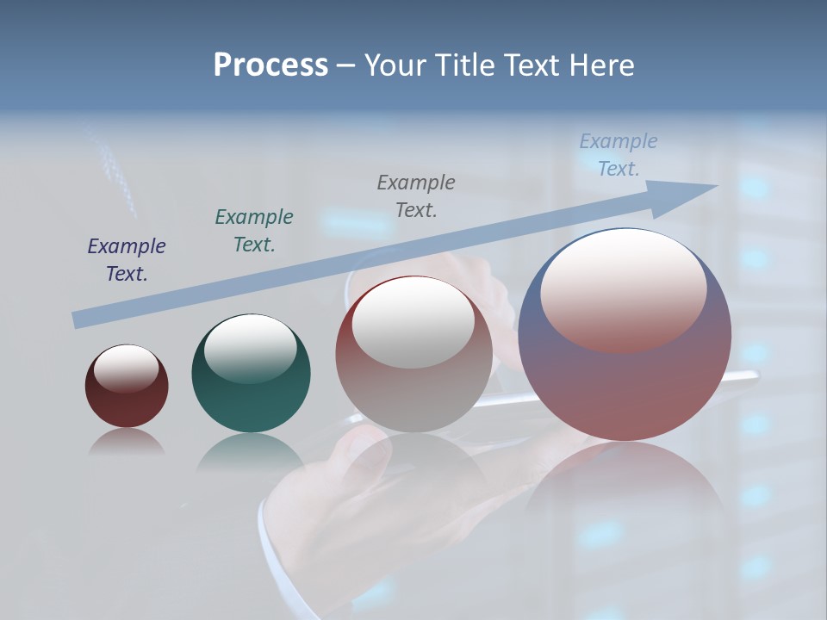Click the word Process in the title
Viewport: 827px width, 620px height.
tap(270, 65)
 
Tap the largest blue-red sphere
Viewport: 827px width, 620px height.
tap(625, 379)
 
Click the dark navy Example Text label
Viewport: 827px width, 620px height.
tap(127, 260)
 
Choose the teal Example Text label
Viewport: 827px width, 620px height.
tap(254, 231)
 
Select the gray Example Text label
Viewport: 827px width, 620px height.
tap(416, 195)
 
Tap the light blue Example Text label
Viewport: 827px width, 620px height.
tap(619, 155)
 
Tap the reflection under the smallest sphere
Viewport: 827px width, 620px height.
tap(127, 442)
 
